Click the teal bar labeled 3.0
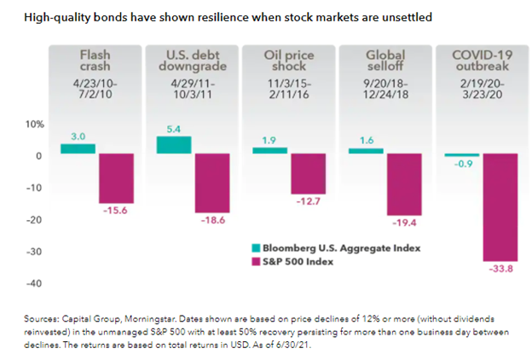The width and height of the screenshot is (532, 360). click(78, 148)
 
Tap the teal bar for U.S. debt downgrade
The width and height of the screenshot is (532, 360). click(174, 145)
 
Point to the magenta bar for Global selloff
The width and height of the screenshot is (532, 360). click(404, 183)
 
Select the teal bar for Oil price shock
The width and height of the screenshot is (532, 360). click(269, 150)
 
